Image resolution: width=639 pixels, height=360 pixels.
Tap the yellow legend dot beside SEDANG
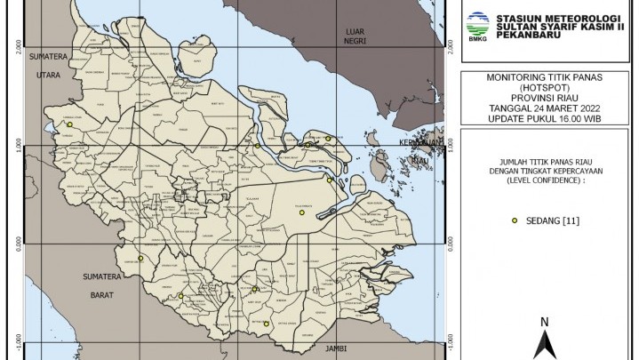515,220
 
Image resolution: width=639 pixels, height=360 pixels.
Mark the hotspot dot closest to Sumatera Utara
69,125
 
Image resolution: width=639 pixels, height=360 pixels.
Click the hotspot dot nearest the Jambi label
265,323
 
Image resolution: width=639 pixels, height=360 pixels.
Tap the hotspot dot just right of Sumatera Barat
140,259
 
